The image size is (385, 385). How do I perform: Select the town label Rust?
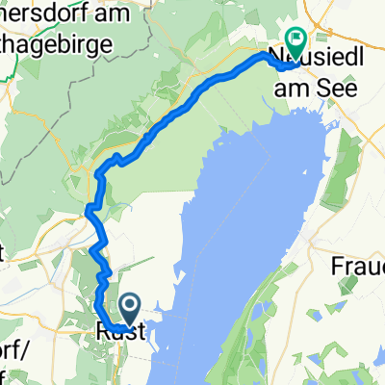pyautogui.click(x=120, y=331)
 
